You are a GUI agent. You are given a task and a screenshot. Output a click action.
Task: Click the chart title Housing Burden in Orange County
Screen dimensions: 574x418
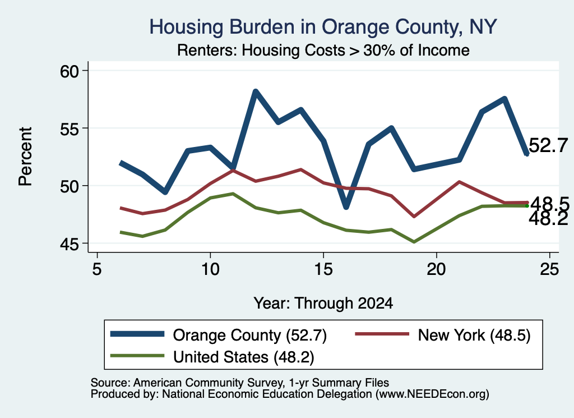click(323, 27)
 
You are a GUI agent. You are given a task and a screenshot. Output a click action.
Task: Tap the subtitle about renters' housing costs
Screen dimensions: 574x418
click(323, 50)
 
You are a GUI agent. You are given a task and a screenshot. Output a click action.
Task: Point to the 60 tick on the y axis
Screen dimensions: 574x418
click(70, 71)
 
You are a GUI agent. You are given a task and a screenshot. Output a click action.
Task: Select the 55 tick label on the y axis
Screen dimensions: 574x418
click(70, 128)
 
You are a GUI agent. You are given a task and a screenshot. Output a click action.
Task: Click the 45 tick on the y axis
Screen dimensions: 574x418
click(70, 244)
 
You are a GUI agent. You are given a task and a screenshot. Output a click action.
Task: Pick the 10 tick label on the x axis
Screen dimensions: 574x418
click(210, 269)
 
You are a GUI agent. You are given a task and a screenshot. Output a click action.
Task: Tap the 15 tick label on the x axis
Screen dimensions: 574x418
click(323, 269)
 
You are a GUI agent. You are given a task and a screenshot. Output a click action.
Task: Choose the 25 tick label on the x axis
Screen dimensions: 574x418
click(549, 269)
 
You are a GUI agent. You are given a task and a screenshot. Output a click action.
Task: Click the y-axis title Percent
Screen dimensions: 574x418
click(25, 157)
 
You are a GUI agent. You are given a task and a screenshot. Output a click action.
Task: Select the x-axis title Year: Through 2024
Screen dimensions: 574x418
click(323, 304)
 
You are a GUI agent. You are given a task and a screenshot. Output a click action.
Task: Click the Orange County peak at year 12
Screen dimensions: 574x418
click(256, 91)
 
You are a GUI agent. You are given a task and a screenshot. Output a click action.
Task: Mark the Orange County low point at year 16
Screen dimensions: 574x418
click(346, 207)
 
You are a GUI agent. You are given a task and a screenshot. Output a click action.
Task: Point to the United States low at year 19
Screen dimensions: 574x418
click(414, 242)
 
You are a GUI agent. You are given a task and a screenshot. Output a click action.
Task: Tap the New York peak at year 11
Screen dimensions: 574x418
click(233, 171)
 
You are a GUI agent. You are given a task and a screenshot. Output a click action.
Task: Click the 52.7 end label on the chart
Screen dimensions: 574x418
click(548, 145)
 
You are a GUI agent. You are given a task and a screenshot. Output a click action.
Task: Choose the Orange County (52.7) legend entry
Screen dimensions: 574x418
click(219, 335)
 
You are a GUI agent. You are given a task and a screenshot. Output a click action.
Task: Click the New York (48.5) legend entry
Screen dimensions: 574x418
click(443, 335)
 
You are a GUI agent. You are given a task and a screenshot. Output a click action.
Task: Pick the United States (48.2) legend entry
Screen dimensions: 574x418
click(212, 357)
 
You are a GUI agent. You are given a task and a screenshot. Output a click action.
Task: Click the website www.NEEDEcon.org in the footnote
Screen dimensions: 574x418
click(432, 394)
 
